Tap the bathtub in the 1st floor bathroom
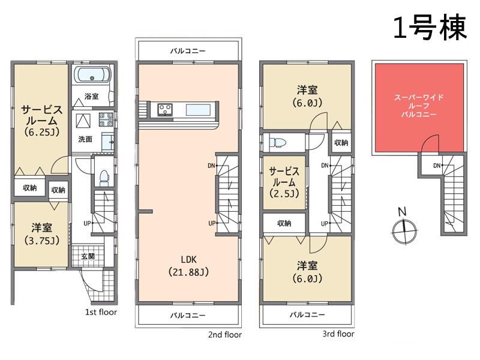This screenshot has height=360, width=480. point(92,76)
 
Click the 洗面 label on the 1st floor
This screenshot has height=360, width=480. point(85,139)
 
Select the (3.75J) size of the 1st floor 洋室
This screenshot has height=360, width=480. point(41,242)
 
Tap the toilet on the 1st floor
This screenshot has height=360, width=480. point(103,177)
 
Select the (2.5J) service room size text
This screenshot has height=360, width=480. point(283,193)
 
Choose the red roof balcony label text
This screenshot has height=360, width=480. point(418,105)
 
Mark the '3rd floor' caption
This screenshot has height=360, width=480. point(337,334)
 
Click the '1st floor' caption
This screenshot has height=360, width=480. point(100,312)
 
